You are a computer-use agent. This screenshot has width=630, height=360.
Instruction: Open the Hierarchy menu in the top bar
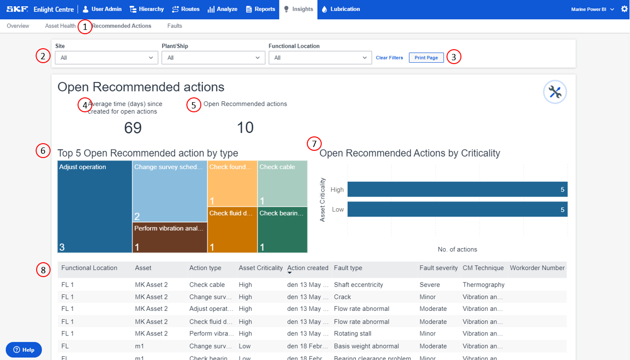147,9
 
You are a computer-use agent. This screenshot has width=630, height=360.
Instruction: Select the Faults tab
174,26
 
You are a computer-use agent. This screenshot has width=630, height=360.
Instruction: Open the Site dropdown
106,58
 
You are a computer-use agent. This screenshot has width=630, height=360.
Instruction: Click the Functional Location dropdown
320,58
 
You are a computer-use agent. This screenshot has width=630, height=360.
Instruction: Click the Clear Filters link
389,58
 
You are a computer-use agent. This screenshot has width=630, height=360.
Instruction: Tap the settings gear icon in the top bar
624,9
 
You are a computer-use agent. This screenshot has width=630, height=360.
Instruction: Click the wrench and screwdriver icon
555,92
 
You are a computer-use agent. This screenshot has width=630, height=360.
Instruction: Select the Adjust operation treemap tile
94,206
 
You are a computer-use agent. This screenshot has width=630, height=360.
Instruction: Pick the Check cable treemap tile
282,183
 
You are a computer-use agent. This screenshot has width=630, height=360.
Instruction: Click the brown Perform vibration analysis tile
170,237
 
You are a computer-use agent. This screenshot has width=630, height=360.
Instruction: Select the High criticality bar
457,189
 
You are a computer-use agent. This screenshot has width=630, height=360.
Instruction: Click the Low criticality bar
457,209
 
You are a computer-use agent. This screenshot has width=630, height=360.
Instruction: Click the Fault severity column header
438,268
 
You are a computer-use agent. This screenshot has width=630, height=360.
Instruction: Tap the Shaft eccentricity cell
358,285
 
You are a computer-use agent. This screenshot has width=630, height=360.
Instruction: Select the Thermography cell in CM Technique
484,285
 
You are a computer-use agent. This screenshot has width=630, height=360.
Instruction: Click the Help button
24,349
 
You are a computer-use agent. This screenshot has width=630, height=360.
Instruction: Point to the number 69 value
133,128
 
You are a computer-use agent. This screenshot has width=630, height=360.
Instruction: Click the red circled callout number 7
314,144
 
